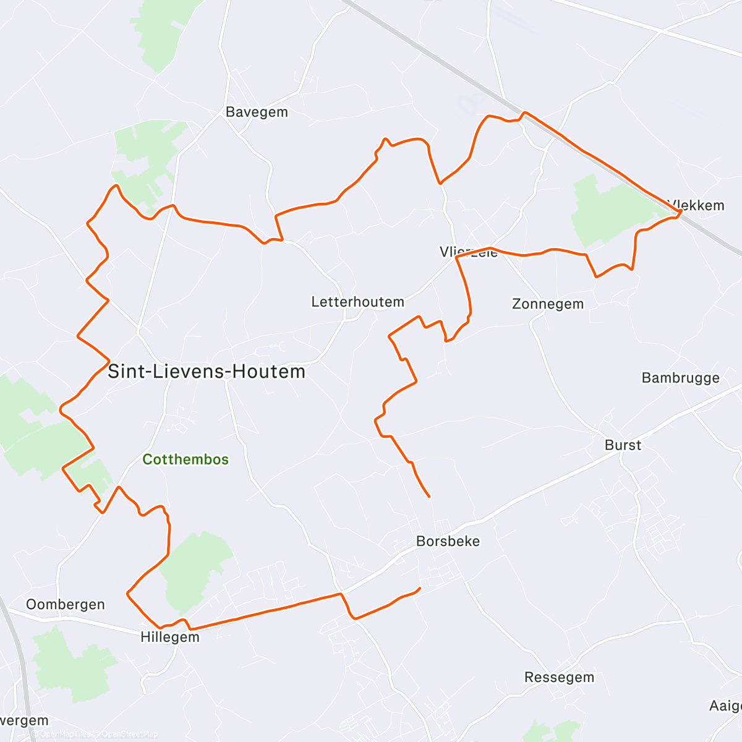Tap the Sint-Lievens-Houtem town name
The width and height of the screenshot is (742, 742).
click(x=207, y=372)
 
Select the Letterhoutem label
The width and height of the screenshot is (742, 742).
click(x=357, y=302)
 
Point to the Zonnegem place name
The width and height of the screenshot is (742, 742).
click(x=548, y=304)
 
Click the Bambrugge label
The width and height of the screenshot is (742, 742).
click(x=680, y=378)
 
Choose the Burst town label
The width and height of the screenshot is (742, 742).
click(x=623, y=445)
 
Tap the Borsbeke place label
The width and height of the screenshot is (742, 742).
click(x=448, y=541)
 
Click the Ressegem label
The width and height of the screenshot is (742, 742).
click(x=559, y=677)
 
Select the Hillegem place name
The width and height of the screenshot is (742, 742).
click(x=170, y=637)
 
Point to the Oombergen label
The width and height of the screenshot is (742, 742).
click(x=66, y=604)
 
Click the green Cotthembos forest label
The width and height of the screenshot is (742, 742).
click(x=185, y=459)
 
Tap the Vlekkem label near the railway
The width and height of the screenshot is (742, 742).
click(x=697, y=205)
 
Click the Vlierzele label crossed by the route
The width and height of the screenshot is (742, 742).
click(x=469, y=252)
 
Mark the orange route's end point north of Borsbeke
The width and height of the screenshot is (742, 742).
click(x=429, y=496)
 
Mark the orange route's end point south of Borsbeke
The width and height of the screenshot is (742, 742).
click(x=420, y=588)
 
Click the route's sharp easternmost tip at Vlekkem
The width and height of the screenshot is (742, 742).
click(x=681, y=211)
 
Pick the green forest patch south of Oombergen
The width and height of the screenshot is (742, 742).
click(x=71, y=665)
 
